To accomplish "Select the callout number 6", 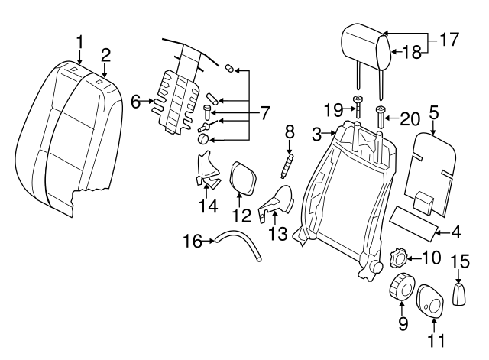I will [136, 101].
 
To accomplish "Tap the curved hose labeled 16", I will [238, 249].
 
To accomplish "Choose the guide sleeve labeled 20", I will [381, 118].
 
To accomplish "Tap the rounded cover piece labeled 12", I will [241, 174].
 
